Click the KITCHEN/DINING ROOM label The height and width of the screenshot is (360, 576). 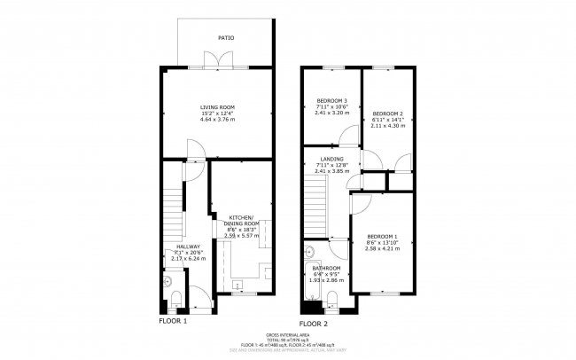pos(244,220)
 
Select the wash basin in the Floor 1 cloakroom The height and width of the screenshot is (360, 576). pos(167,281)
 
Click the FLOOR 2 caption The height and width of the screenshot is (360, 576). pos(315,324)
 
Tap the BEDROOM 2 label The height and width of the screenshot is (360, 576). pos(388,114)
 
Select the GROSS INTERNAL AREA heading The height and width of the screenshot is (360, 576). pos(287,333)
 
